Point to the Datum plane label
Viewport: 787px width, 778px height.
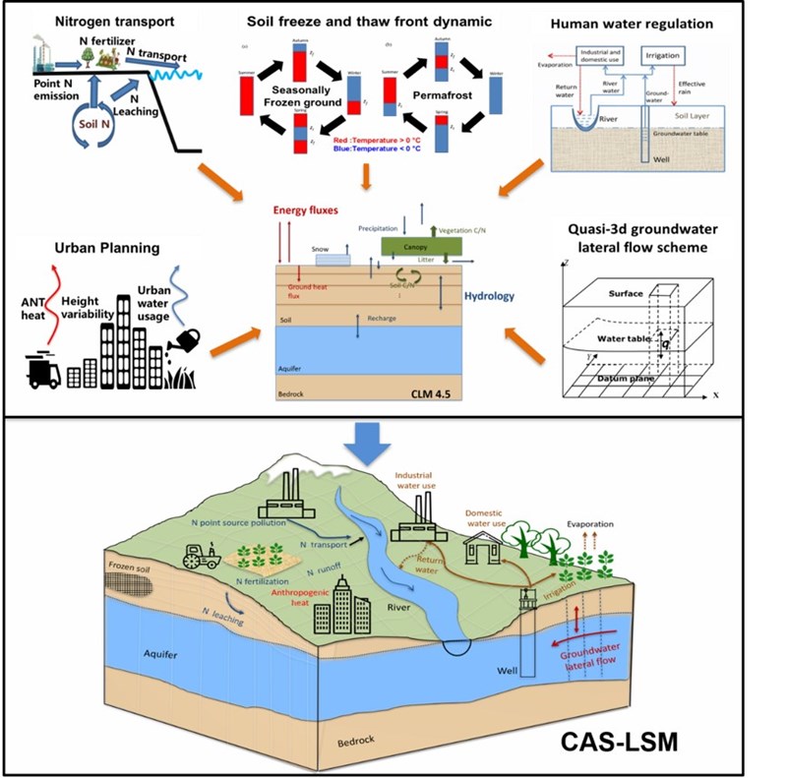(635, 377)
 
